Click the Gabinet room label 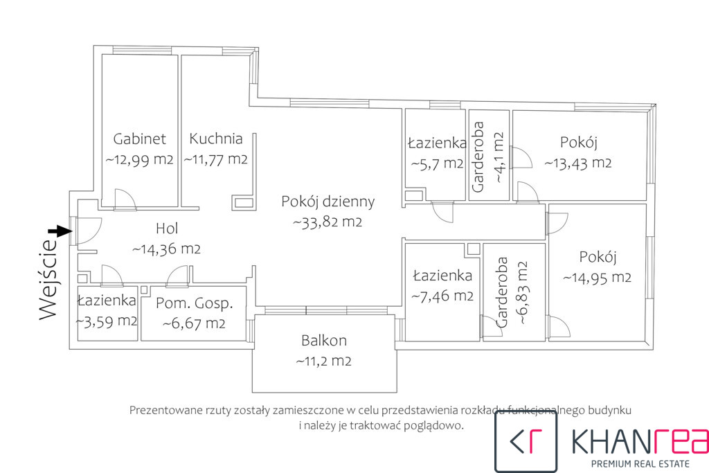[x=139, y=139]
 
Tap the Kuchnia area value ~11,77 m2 [x=216, y=159]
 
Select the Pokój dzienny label [x=327, y=202]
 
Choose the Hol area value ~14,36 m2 [x=166, y=249]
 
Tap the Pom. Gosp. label [x=195, y=303]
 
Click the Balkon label [x=324, y=340]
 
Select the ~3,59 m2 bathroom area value [x=107, y=321]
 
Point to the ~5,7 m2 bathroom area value [x=437, y=163]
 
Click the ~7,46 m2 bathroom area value [x=442, y=296]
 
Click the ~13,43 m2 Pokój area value [x=578, y=163]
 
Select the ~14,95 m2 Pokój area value [x=597, y=278]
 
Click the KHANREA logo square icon [x=526, y=441]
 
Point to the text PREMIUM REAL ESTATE [x=640, y=463]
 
